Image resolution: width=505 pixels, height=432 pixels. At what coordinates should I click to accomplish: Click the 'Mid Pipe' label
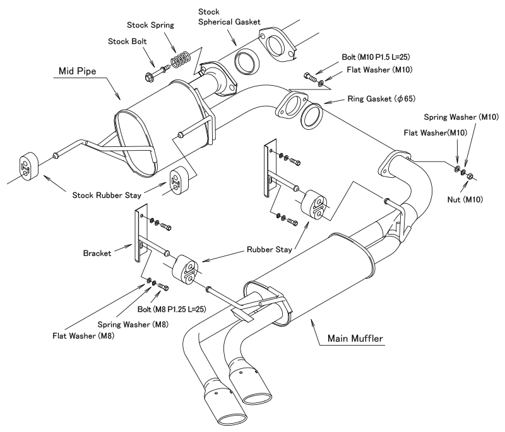[x=77, y=71]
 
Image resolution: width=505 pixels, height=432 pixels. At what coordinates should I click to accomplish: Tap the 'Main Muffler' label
[x=355, y=339]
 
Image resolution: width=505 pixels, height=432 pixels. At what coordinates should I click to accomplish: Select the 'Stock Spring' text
[x=150, y=25]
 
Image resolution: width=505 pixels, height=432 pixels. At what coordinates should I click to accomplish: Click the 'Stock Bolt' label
[x=128, y=42]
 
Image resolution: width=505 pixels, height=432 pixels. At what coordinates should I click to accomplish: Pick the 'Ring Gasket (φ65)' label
[x=381, y=99]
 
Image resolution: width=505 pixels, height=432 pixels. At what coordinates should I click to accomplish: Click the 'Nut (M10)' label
[x=465, y=200]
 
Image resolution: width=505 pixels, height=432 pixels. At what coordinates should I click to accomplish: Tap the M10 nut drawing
[x=470, y=175]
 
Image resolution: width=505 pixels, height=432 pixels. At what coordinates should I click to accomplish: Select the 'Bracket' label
[x=97, y=253]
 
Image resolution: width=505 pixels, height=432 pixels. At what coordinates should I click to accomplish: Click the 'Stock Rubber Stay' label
[x=107, y=196]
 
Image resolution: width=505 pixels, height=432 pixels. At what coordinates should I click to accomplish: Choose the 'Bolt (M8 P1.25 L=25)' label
[x=172, y=309]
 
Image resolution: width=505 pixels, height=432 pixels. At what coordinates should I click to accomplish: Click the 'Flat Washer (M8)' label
[x=83, y=336]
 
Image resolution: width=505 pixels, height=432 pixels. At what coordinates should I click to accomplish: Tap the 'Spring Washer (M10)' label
[x=461, y=117]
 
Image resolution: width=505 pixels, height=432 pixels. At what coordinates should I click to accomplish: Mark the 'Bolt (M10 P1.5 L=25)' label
[x=376, y=57]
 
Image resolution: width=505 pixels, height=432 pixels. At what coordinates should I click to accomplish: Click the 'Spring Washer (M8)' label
[x=133, y=325]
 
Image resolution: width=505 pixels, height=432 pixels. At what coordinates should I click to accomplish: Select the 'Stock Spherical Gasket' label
[x=229, y=17]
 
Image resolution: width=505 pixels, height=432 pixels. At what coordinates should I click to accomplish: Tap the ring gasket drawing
[x=312, y=116]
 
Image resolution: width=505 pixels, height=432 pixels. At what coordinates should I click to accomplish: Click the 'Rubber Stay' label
[x=270, y=250]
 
